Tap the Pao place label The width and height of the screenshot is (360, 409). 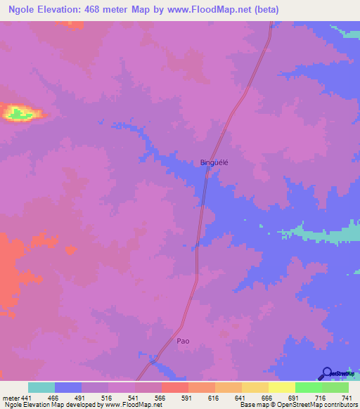pos(183,341)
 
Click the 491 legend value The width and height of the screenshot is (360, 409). pos(95,397)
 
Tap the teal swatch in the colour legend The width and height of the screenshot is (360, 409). pos(41,387)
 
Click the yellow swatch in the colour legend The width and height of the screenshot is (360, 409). pos(282,387)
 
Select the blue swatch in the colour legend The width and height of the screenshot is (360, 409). pos(68,387)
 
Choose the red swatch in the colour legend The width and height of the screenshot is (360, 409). pos(175,387)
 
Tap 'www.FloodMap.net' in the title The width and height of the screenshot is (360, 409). pos(214,10)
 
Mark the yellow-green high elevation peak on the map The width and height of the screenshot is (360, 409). pos(19,111)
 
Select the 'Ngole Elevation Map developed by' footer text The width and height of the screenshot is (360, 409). pos(42,405)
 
